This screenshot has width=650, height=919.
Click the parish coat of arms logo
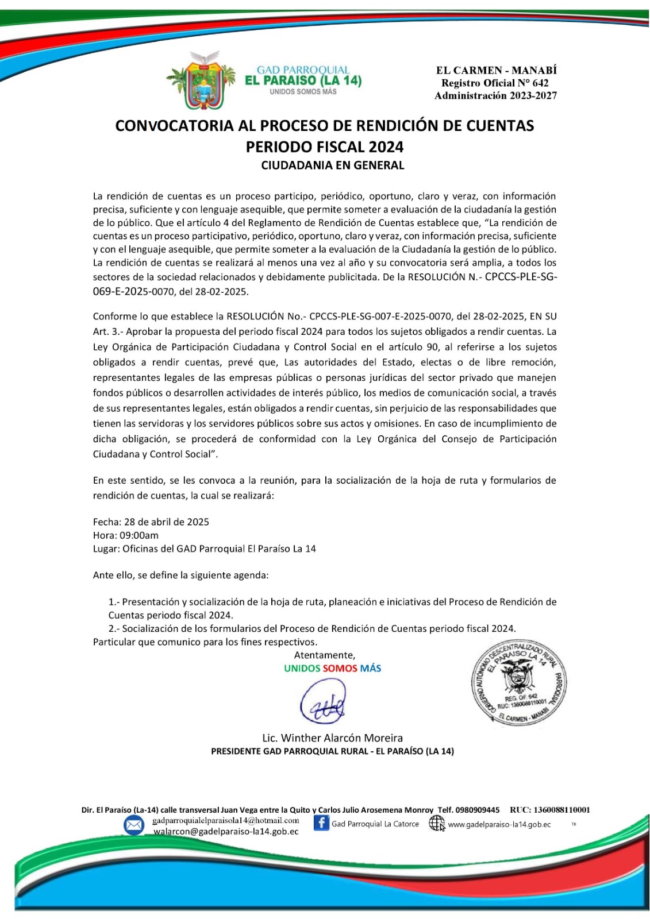201,80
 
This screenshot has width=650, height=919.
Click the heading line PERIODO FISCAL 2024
325,147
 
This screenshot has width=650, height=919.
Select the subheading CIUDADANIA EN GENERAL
332,165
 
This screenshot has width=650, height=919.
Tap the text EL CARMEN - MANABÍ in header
496,70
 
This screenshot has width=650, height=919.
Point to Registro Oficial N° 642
495,83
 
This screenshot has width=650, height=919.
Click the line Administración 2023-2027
495,95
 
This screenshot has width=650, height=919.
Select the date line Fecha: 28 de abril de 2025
151,522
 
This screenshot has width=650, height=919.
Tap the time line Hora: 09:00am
126,535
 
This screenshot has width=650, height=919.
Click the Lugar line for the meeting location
205,549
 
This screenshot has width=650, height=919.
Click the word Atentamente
325,655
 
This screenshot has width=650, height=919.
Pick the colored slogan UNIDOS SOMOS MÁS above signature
332,669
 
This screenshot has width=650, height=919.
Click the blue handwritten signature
324,702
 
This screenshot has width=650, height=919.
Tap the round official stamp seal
520,686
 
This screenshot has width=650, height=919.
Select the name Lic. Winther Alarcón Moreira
332,738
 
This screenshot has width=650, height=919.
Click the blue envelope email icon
134,825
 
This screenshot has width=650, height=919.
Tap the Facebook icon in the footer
321,823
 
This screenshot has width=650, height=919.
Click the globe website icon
437,824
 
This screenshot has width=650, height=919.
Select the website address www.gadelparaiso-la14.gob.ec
499,825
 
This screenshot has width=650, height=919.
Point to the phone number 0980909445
478,810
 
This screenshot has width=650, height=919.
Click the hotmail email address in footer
225,821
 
